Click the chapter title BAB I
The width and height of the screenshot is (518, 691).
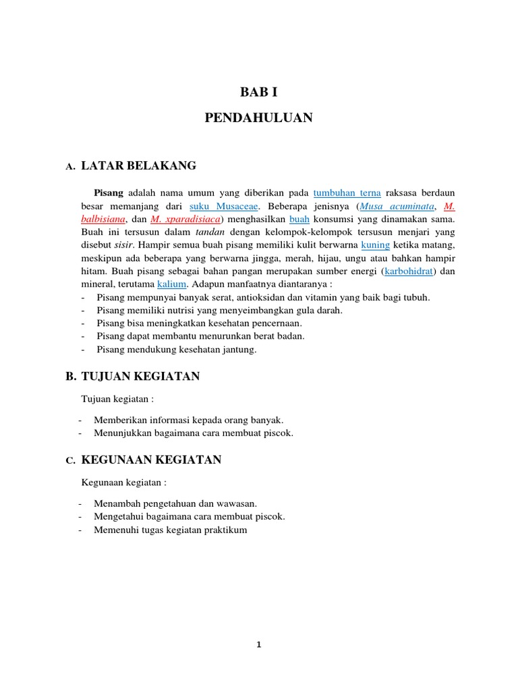click(x=258, y=92)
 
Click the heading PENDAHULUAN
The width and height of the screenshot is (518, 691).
click(x=258, y=118)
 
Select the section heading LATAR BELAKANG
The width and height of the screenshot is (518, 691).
click(x=138, y=165)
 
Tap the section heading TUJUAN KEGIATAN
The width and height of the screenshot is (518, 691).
click(x=140, y=376)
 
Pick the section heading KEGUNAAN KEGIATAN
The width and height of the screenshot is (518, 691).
click(x=151, y=460)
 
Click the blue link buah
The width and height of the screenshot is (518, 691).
click(x=299, y=219)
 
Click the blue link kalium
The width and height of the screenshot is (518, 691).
click(x=171, y=285)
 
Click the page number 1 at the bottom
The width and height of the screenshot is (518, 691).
click(x=259, y=645)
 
